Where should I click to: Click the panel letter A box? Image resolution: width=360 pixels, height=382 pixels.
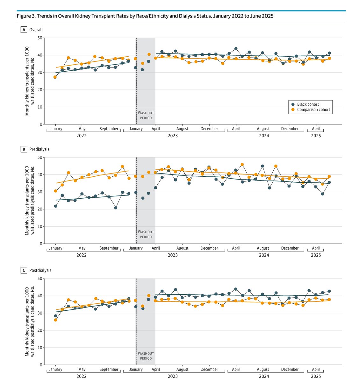pyautogui.click(x=23, y=30)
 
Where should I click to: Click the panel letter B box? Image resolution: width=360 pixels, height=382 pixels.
pyautogui.click(x=23, y=149)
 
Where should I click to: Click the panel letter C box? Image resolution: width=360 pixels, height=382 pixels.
pyautogui.click(x=23, y=270)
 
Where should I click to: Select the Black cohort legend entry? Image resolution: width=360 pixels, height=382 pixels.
pyautogui.click(x=308, y=104)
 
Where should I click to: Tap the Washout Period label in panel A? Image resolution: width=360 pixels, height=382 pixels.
pyautogui.click(x=146, y=115)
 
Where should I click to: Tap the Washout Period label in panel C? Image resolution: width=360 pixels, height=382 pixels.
pyautogui.click(x=146, y=356)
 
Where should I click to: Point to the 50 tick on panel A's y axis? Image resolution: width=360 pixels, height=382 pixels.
pyautogui.click(x=40, y=38)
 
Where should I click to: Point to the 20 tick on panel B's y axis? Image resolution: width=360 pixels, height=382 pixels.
pyautogui.click(x=40, y=209)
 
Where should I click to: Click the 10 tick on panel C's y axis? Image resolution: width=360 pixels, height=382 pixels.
pyautogui.click(x=40, y=348)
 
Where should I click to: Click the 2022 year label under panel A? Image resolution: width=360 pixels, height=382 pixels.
pyautogui.click(x=82, y=136)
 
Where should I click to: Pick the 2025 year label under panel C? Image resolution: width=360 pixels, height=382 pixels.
pyautogui.click(x=316, y=376)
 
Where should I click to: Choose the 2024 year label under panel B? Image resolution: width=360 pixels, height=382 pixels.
pyautogui.click(x=264, y=255)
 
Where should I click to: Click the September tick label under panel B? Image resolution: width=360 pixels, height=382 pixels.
pyautogui.click(x=109, y=248)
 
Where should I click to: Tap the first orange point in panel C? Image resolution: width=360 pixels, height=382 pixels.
pyautogui.click(x=55, y=320)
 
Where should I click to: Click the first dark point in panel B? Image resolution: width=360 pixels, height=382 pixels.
pyautogui.click(x=55, y=206)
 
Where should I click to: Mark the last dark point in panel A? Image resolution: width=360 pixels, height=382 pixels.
pyautogui.click(x=329, y=53)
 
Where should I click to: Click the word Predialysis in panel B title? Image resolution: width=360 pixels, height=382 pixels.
pyautogui.click(x=39, y=149)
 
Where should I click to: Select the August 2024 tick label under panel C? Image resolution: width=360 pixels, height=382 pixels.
pyautogui.click(x=263, y=370)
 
